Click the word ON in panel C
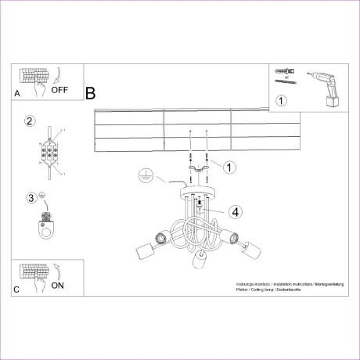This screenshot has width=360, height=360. (58, 286)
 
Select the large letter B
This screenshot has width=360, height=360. (90, 94)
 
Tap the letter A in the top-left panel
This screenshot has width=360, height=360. (17, 94)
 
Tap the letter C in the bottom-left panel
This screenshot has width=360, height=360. (17, 290)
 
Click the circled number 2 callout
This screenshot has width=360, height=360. (30, 121)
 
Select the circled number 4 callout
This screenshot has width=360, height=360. (236, 211)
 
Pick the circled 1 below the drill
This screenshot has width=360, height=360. (282, 100)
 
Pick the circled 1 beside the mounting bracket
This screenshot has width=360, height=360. (229, 167)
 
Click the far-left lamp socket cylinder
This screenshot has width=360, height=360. (143, 252)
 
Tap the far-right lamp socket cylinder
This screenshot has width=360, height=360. (254, 252)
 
